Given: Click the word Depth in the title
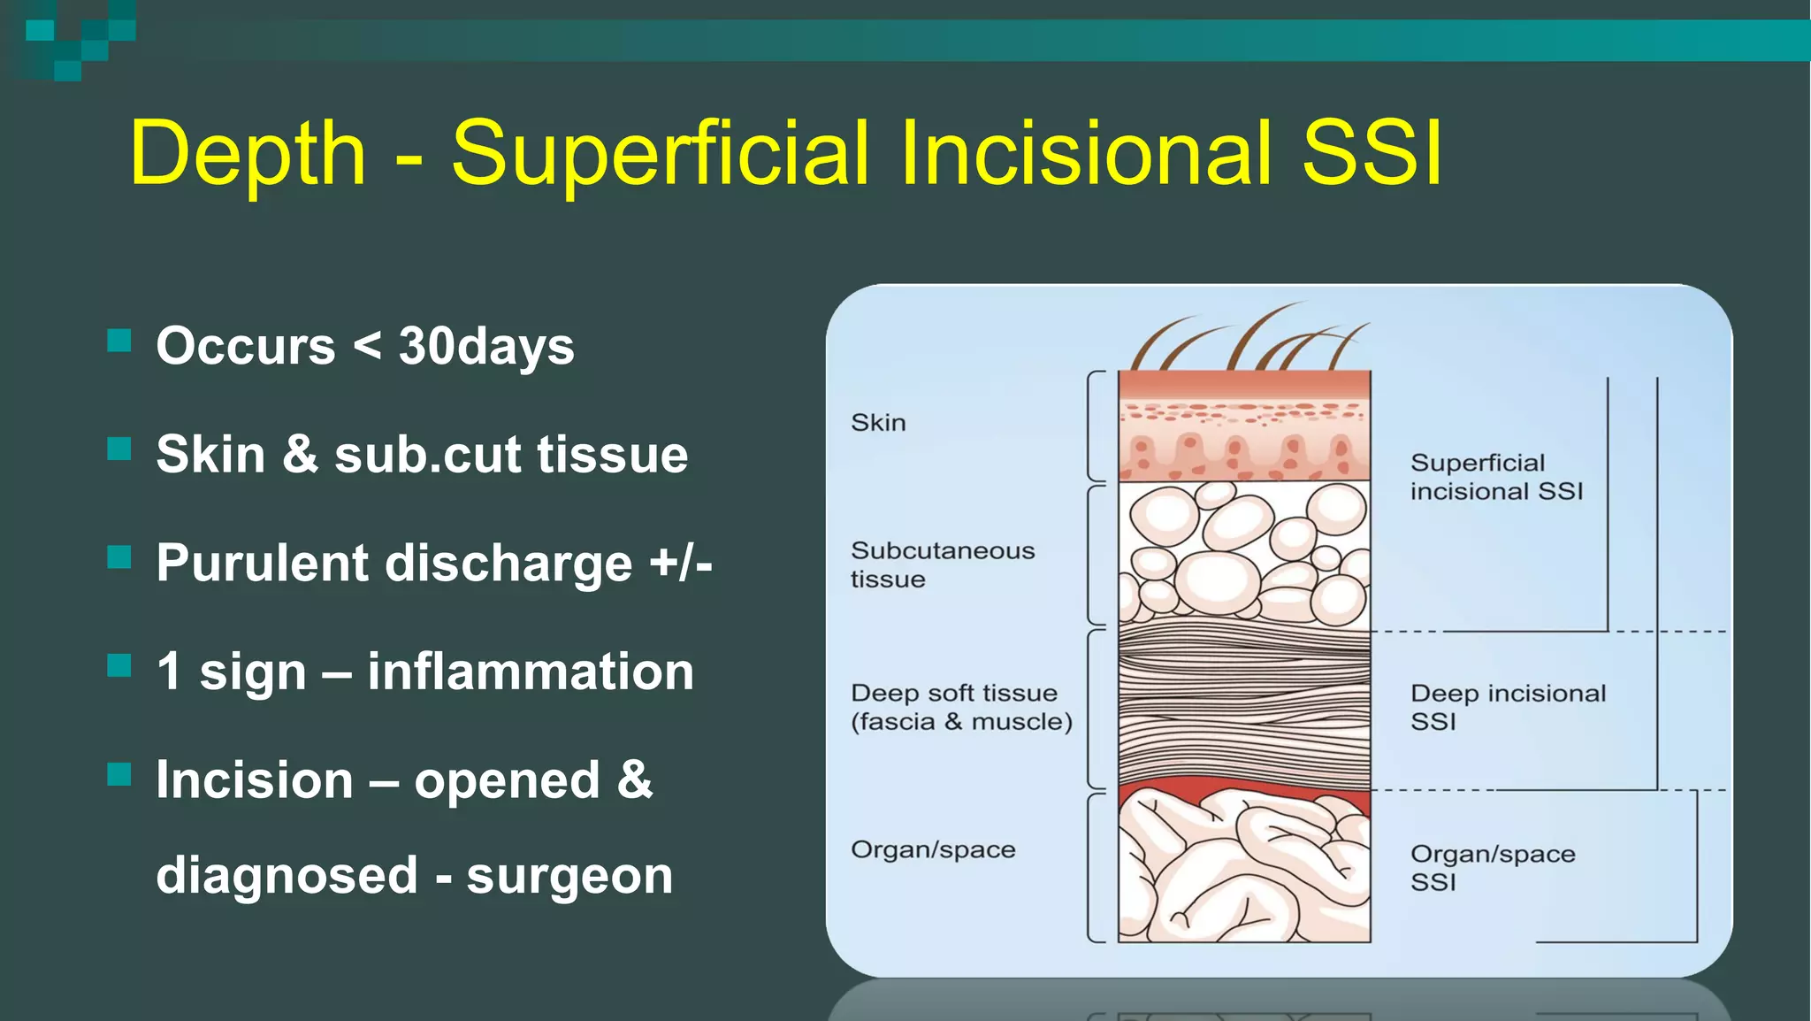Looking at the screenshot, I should point(248,155).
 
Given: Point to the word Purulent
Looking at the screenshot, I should point(263,564).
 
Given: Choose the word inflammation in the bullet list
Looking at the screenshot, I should point(531,672).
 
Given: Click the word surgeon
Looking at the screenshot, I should point(569,875).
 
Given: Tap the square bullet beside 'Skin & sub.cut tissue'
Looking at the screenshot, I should point(119,449).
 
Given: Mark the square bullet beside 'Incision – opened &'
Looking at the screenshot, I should point(119,775).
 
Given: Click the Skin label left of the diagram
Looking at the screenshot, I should point(878,423).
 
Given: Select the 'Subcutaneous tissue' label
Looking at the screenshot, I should point(942,564).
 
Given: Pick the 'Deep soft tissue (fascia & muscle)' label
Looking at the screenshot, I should point(961,707).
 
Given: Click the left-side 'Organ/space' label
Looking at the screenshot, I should point(933,849).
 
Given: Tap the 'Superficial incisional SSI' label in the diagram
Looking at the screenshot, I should point(1496,477).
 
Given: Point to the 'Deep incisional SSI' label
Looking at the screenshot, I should point(1508,707).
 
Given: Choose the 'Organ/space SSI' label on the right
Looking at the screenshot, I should point(1493,867).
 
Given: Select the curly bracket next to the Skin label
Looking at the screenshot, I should point(1095,426).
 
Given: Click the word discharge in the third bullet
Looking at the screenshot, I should point(508,564).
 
